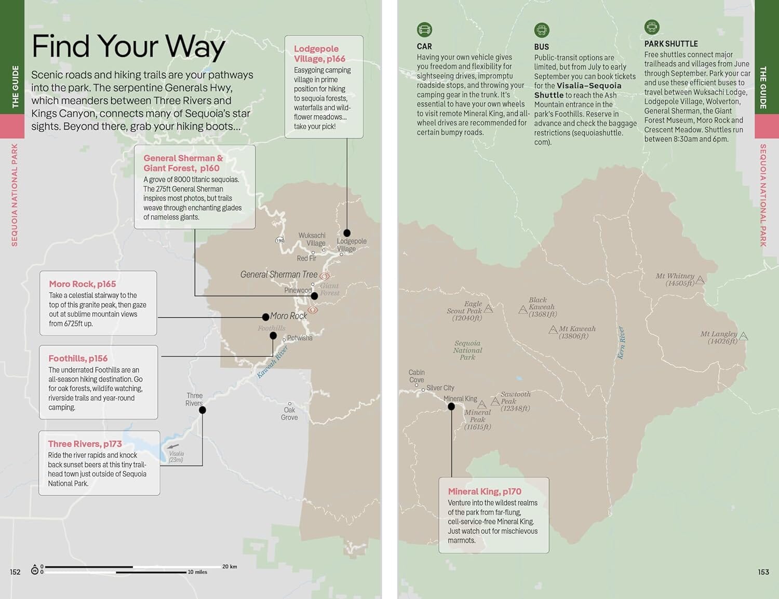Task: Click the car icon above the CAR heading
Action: tap(424, 30)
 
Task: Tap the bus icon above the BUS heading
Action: tap(542, 30)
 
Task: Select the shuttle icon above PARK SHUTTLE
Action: tap(652, 26)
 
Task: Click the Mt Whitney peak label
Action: tap(675, 279)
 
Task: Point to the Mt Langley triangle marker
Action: tap(744, 336)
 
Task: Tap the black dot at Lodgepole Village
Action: tap(347, 233)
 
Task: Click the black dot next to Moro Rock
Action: tap(265, 317)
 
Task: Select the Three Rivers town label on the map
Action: tap(194, 399)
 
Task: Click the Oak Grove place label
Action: tap(289, 414)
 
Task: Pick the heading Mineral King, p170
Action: tap(485, 492)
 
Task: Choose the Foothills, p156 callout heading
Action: tap(78, 359)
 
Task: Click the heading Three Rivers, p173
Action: tap(85, 444)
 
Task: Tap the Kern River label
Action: tap(621, 343)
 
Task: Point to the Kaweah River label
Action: tap(272, 361)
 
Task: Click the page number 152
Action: tap(15, 572)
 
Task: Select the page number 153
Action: tap(763, 572)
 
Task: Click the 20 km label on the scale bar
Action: tap(230, 566)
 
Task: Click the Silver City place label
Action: tap(440, 388)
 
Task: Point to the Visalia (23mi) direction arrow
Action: tap(173, 446)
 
